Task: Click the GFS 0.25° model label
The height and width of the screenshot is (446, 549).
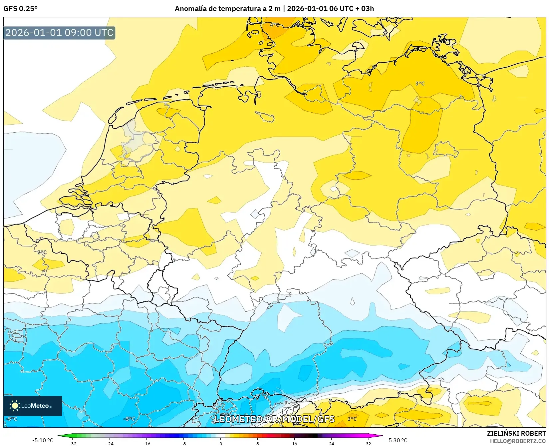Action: tap(20, 9)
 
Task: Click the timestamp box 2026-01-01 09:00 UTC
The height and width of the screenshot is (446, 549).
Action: tap(59, 33)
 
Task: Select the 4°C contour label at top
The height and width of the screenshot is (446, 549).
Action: tap(275, 25)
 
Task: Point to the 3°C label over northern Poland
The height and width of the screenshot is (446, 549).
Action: tap(420, 84)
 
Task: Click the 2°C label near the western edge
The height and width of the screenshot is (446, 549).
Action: tap(42, 252)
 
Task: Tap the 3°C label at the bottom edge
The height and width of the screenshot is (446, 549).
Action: tap(352, 419)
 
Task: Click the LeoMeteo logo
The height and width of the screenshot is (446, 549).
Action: tap(33, 406)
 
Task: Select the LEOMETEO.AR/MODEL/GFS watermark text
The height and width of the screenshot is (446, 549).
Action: tap(274, 419)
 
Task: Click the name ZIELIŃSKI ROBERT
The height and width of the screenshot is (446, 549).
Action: tap(516, 433)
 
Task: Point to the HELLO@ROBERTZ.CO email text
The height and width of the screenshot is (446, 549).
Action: tap(518, 441)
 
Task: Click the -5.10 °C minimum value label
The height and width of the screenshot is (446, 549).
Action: tap(43, 440)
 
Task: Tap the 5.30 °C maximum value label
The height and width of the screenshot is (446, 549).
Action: tap(398, 440)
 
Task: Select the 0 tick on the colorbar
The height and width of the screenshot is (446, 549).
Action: tap(220, 443)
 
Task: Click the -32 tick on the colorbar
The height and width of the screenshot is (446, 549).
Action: tap(73, 443)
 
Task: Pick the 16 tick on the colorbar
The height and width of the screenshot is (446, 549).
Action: tap(294, 443)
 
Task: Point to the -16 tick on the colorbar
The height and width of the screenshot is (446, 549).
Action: tap(146, 443)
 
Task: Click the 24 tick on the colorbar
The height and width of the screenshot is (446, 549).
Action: tap(331, 443)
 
